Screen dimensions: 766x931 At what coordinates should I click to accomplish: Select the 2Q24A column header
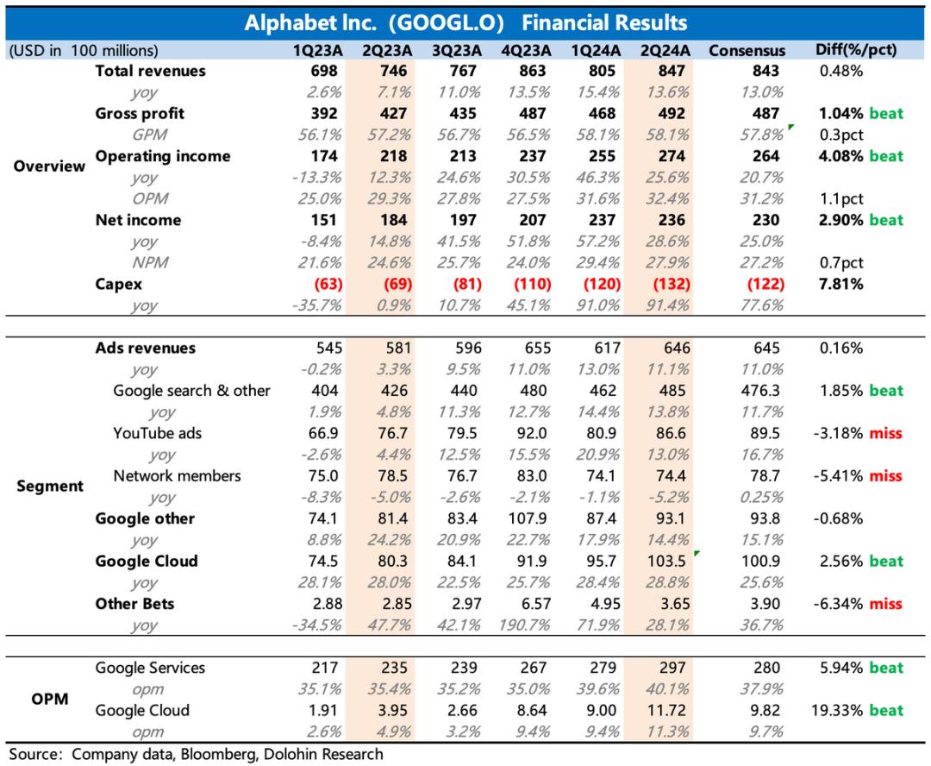[664, 50]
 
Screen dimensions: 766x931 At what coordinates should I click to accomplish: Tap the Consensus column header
[747, 50]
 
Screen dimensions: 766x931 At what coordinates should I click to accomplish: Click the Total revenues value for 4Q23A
[534, 71]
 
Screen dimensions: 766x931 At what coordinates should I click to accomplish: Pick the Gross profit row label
[140, 113]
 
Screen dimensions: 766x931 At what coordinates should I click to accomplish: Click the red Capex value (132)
[664, 284]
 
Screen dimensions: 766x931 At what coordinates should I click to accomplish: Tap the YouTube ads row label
[157, 433]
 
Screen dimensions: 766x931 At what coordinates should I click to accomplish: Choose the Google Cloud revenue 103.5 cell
[663, 561]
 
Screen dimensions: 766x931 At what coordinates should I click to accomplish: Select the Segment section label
[50, 487]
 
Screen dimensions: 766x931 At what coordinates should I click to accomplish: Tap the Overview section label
[50, 166]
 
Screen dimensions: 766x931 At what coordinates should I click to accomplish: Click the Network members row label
[177, 475]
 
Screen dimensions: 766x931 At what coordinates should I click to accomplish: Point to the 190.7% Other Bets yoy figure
[526, 625]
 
